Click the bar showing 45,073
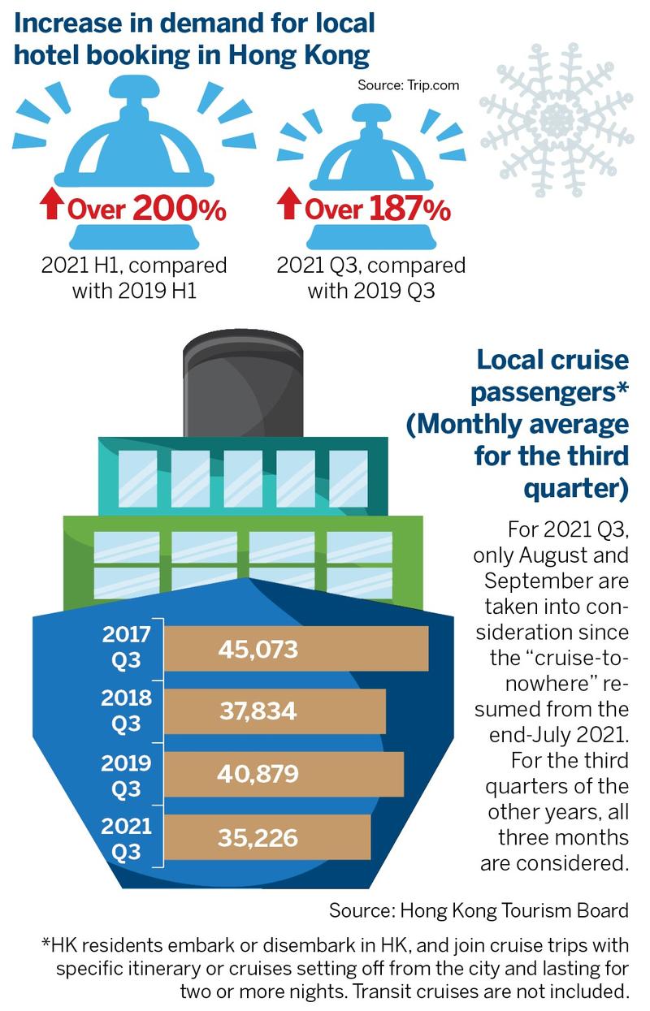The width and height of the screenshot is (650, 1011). [296, 650]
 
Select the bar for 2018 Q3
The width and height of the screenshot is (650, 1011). [275, 712]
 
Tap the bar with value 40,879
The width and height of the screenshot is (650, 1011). [284, 774]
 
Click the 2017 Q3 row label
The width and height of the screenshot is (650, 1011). [126, 648]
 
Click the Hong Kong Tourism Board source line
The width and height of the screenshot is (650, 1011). [479, 910]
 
